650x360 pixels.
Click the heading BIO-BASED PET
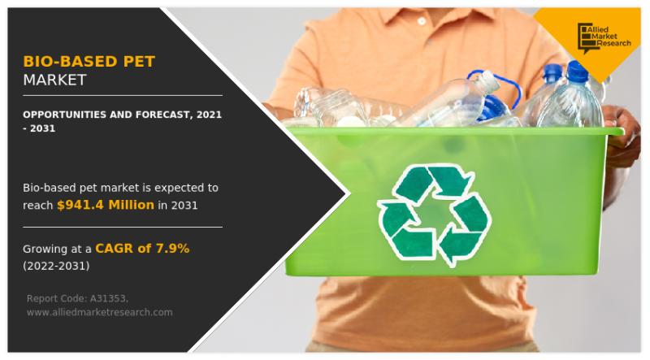coord(89,62)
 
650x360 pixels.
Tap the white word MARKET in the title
coord(54,80)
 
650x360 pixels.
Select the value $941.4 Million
coord(106,205)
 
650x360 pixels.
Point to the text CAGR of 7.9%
coord(142,249)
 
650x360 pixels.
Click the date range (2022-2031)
coord(56,266)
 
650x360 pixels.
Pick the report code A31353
coord(109,298)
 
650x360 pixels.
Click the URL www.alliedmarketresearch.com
coord(99,312)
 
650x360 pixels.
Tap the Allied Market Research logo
coord(604,38)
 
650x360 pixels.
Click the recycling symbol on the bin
coord(434,215)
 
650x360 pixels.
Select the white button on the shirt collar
coord(422,20)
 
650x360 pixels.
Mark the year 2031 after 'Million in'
coord(184,206)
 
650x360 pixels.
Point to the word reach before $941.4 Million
coord(37,206)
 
